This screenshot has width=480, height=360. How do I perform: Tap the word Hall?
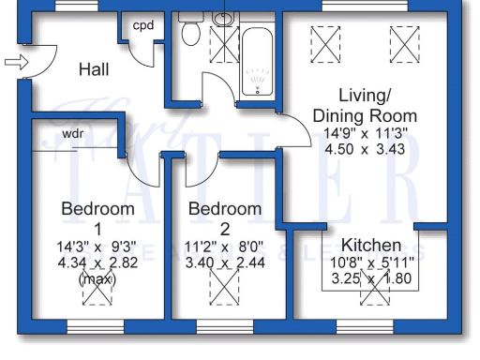[95, 69]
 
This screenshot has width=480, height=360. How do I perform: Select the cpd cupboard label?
[143, 25]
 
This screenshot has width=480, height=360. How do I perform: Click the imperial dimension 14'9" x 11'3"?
[364, 133]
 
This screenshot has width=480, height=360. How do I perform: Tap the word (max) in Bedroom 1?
[96, 279]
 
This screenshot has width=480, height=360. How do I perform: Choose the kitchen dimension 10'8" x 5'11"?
[372, 262]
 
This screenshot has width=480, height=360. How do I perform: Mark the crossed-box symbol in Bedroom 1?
[96, 293]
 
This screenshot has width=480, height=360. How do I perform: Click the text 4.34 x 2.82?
[95, 264]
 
